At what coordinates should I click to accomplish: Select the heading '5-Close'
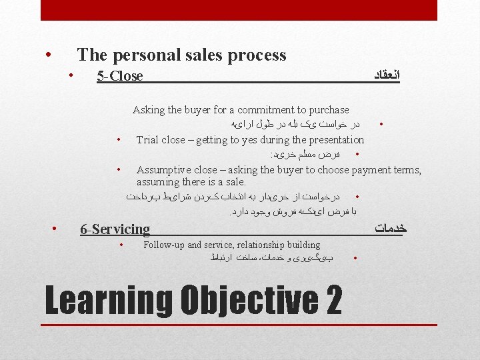[120, 76]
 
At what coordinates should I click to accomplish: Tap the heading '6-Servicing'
[115, 229]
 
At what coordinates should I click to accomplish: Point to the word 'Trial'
[147, 140]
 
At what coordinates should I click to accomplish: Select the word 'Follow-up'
[164, 245]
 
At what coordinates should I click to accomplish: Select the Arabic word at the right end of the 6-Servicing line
[391, 229]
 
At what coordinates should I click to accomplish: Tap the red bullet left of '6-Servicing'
[55, 229]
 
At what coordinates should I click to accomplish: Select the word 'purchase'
[328, 109]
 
